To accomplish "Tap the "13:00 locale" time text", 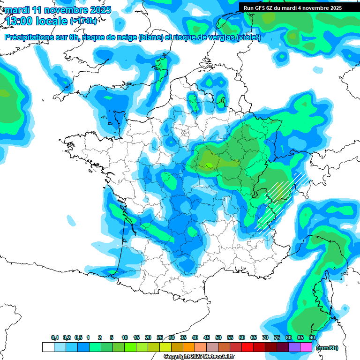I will point(36,21).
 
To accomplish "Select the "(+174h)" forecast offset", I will point(83,21).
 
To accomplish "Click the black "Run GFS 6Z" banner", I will point(299,7).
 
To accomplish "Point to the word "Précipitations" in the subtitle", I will point(28,37).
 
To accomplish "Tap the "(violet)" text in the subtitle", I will point(249,37).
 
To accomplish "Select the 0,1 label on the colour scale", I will point(55,337).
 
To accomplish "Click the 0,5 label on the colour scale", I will point(78,337).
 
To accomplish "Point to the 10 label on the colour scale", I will point(125,337).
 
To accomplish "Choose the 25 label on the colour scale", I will point(160,337).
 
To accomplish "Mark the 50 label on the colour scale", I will point(218,337).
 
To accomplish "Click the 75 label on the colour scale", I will point(277,337).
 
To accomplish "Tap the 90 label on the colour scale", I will point(312,337).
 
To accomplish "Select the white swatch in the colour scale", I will point(48,347).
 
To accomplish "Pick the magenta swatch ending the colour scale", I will point(306,347).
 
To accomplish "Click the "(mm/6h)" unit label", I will point(327,348).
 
